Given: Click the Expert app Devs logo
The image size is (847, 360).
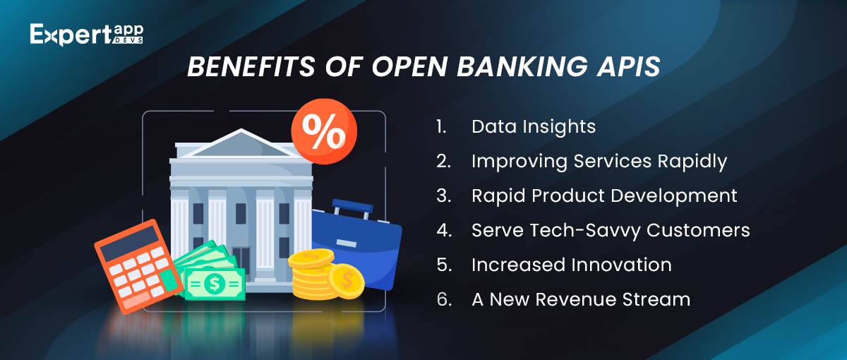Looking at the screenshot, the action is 87,35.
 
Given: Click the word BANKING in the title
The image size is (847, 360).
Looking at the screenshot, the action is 522,66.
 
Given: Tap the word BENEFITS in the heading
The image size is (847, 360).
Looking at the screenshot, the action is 251,66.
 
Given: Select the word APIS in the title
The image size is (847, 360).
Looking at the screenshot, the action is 628,66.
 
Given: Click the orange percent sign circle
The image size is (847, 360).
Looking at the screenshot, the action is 324,131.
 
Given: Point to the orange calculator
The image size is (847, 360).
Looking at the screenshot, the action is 139,266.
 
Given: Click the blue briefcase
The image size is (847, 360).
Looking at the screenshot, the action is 356,246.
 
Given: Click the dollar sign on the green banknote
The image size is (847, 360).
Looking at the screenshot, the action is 215,284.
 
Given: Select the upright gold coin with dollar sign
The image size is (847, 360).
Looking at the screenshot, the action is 347,281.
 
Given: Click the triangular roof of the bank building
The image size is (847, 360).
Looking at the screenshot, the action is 241,144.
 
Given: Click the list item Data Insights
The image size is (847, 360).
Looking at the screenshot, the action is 533,126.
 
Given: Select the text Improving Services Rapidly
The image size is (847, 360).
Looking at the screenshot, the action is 599,162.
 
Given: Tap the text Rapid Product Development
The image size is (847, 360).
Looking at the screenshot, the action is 604,196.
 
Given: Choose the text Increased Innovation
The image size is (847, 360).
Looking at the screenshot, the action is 571,265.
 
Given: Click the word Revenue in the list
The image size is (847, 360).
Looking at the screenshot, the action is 576,299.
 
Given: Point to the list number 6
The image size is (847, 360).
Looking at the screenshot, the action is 444,299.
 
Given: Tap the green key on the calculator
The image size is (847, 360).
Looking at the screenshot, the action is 169,280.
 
